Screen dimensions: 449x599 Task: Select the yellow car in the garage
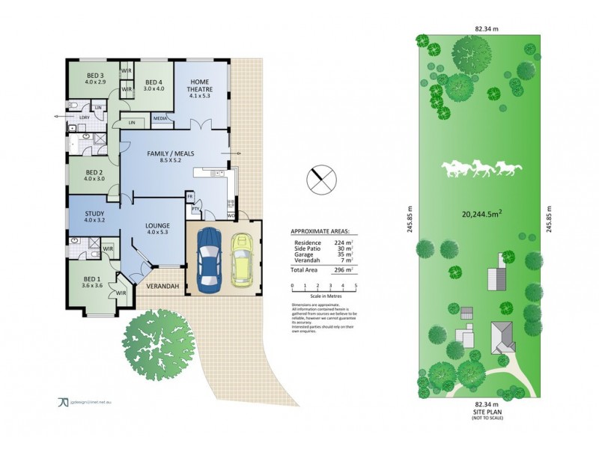click(243, 259)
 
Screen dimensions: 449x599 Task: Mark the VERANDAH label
click(160, 287)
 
